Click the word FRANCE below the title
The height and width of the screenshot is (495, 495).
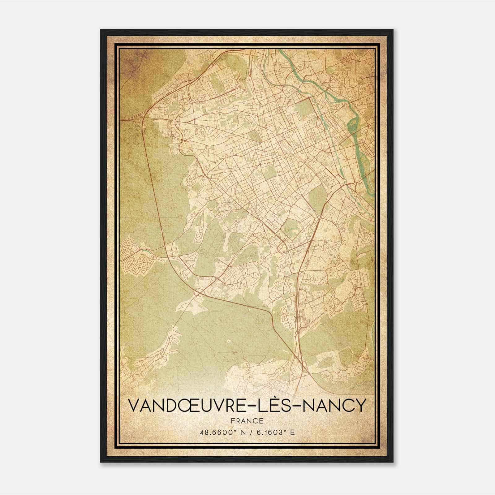247,421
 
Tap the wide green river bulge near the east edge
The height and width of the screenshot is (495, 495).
353,124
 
